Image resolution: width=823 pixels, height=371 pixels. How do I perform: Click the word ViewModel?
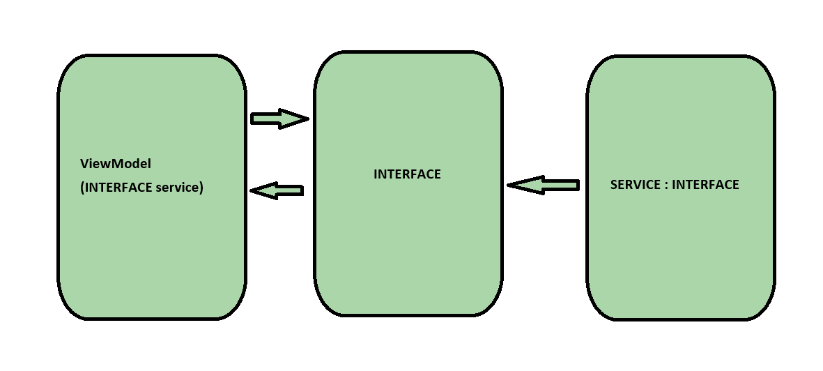point(116,164)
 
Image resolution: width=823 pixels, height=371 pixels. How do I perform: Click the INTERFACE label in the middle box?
point(407,174)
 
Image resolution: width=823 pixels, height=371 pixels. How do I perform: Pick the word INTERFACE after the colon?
point(705,185)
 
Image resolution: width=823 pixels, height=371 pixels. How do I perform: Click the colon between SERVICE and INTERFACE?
point(665,185)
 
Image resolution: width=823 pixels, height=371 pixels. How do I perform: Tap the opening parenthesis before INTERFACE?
point(83,188)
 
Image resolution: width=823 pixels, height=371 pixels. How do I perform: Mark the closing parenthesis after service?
point(201,188)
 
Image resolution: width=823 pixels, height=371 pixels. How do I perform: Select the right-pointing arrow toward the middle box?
point(277,119)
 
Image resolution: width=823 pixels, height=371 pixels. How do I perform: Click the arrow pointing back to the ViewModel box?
point(279,190)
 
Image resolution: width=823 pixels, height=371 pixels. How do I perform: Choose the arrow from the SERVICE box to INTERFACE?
point(546,185)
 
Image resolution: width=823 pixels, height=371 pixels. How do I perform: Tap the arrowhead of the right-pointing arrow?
point(292,119)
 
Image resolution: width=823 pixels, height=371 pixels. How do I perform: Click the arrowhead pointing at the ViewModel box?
point(266,190)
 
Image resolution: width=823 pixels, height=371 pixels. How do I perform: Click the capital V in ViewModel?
point(84,164)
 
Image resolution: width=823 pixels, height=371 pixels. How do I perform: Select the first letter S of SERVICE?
point(614,185)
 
